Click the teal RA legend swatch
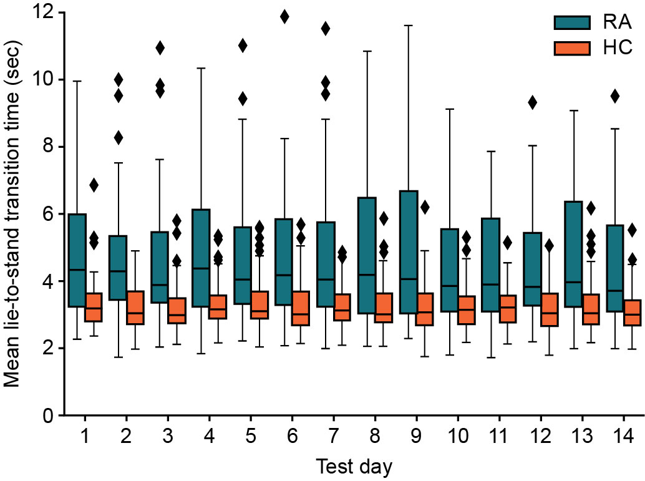572,22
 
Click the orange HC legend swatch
572,47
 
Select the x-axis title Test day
353,465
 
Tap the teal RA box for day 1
77,260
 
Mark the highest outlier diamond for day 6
284,17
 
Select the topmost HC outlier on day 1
94,185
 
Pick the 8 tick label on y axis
47,147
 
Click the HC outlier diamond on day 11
507,243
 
